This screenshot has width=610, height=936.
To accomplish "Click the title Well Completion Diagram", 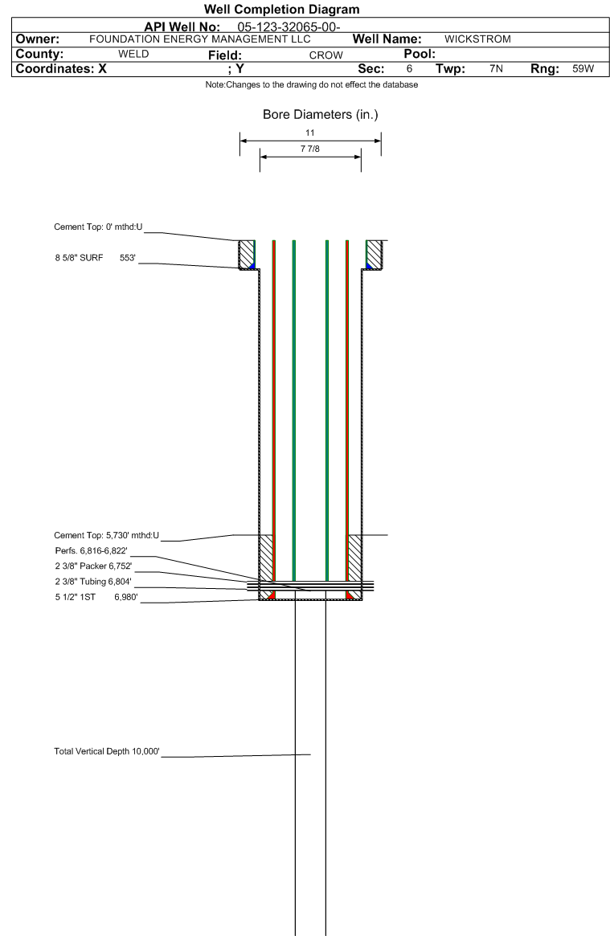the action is [x=282, y=9].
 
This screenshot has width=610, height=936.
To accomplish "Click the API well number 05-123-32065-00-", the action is [x=289, y=27].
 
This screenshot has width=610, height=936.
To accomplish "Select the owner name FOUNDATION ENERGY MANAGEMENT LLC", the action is [x=200, y=39].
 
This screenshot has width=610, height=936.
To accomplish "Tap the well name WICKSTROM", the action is [x=477, y=39].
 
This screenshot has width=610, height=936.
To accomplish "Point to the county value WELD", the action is [x=133, y=54].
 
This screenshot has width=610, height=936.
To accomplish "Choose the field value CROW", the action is [x=325, y=55].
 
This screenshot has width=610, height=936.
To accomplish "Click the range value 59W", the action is [x=583, y=68].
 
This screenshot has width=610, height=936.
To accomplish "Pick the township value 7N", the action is [x=496, y=68].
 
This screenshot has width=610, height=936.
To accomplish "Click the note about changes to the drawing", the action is [x=312, y=85].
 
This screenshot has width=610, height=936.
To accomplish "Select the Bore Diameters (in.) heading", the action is [x=321, y=115].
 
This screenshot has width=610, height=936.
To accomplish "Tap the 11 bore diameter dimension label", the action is [x=309, y=133].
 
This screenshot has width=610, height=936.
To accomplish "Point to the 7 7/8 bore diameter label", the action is [x=309, y=149].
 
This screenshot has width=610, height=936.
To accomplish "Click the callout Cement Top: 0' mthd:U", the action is [x=99, y=227].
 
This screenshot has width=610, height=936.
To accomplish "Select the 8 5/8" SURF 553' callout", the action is [x=96, y=258].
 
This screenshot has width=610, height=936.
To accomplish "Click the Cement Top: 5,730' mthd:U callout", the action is [x=107, y=535].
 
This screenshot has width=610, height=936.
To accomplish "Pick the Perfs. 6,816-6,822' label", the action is [x=92, y=551].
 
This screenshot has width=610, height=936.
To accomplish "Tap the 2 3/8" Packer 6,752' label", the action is [x=94, y=566].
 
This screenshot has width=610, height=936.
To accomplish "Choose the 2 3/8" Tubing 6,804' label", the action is [x=94, y=582].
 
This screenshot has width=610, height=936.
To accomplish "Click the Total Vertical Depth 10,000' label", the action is [x=107, y=751].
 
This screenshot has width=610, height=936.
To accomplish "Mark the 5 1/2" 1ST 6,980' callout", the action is [x=96, y=597].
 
